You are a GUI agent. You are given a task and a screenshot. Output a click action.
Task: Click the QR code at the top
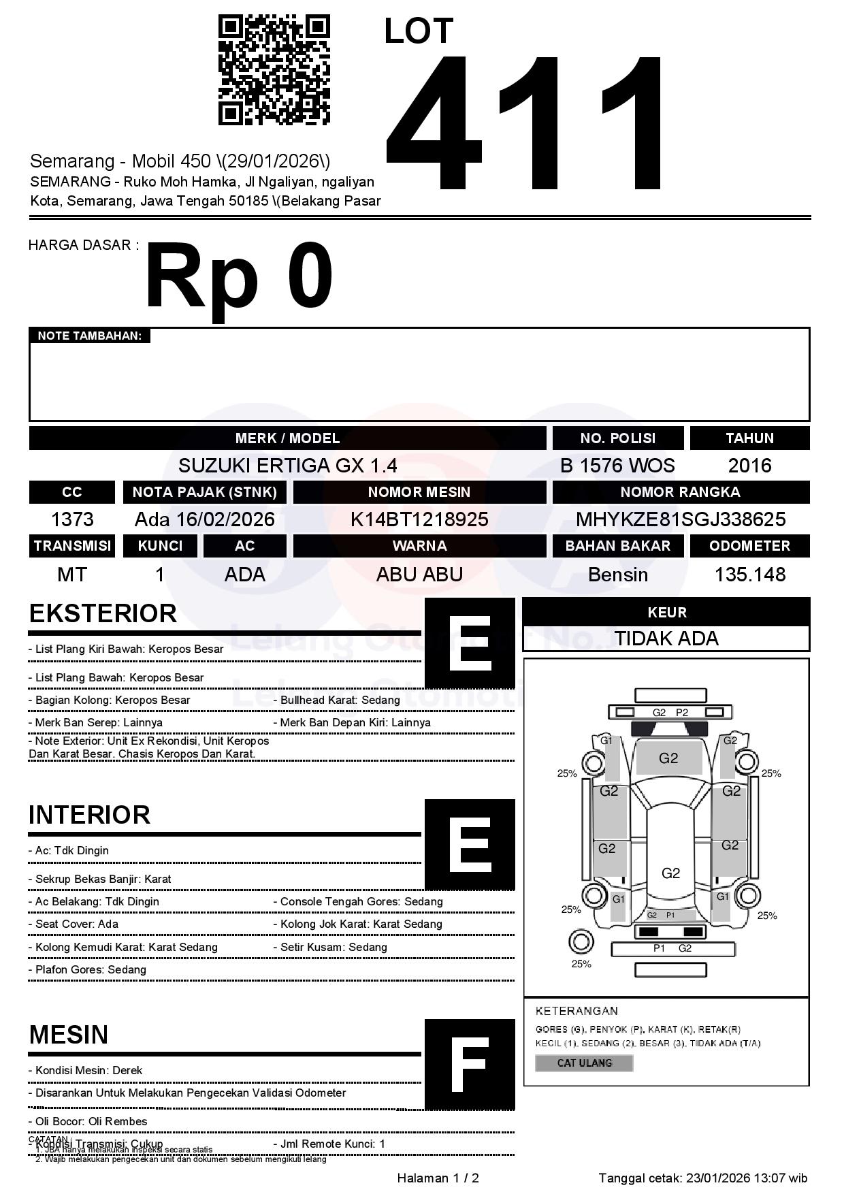click(x=274, y=70)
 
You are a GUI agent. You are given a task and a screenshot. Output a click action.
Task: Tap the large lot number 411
click(x=524, y=123)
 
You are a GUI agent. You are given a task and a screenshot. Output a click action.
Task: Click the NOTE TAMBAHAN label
click(x=89, y=336)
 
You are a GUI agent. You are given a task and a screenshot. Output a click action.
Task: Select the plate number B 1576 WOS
click(x=617, y=466)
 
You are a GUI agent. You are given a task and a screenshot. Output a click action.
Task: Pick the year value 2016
click(x=749, y=466)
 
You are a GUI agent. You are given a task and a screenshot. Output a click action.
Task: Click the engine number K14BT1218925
click(x=419, y=519)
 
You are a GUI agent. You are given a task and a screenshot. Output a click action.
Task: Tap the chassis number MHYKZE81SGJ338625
click(x=681, y=519)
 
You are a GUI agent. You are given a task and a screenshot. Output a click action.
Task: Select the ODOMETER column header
click(x=749, y=546)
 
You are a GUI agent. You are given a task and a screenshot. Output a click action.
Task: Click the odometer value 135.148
click(x=749, y=575)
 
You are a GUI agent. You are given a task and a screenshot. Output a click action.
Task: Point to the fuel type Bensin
click(x=617, y=575)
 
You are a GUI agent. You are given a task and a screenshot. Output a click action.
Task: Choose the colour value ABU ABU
click(x=419, y=575)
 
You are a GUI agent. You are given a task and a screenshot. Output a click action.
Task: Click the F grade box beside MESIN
click(x=470, y=1064)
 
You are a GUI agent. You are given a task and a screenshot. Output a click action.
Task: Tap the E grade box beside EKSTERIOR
click(x=470, y=643)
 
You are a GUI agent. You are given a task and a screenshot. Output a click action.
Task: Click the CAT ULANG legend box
click(x=584, y=1063)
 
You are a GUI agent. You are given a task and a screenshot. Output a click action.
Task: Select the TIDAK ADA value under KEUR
click(x=666, y=639)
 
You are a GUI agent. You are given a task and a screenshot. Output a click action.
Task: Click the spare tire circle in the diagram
click(x=581, y=942)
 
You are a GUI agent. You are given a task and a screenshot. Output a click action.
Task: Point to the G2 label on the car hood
click(x=668, y=758)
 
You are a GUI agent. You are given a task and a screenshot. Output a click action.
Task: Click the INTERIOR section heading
click(x=89, y=815)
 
